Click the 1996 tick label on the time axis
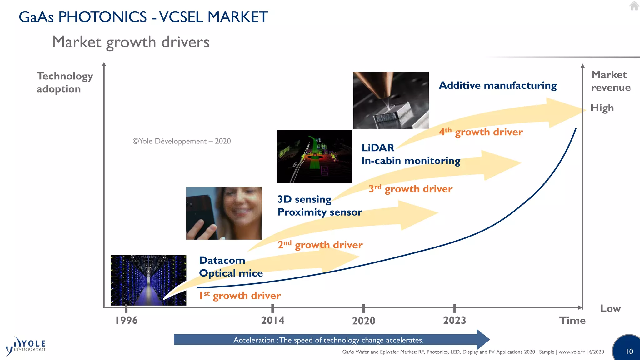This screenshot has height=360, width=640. point(126,320)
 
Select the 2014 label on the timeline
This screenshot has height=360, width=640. point(272,320)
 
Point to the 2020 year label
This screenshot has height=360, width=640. point(363,321)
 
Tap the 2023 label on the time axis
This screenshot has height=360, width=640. point(454,320)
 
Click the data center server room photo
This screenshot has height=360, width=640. point(148,280)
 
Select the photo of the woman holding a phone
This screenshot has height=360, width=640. point(224,213)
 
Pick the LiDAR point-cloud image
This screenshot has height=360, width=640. point(314,157)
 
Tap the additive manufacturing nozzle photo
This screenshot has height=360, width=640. point(391,100)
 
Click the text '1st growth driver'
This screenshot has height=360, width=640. point(240,296)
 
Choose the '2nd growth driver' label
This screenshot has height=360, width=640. point(320,245)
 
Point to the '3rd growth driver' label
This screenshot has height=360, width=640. point(410,189)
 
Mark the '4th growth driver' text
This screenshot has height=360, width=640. point(481,132)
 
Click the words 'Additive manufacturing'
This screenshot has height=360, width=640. point(497,85)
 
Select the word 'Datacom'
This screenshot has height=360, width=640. point(222,260)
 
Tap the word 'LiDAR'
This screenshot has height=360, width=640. point(377,148)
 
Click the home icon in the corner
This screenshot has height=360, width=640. point(634,6)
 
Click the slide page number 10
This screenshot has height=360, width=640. point(629,352)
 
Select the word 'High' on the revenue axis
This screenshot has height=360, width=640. point(602,108)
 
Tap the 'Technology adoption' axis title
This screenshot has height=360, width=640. point(65,82)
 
